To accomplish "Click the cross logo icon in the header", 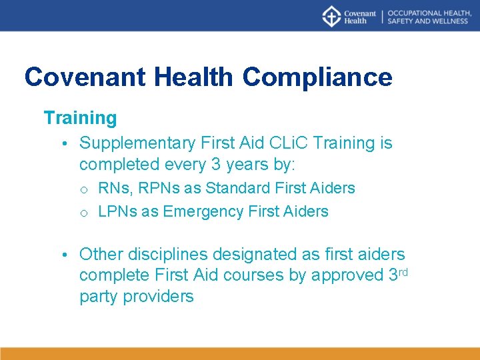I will (331, 16).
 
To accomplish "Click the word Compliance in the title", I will (317, 77).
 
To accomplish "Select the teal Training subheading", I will (80, 118).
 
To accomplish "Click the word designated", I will (263, 254).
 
